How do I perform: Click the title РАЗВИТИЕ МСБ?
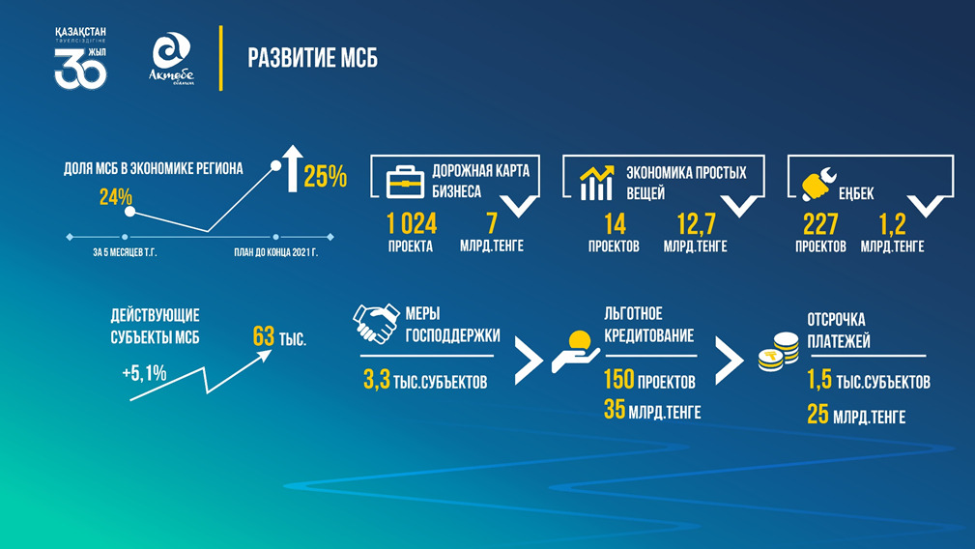tap(313, 58)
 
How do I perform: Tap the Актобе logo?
tap(171, 58)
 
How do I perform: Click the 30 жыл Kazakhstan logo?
tap(81, 58)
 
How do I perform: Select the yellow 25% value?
tap(326, 177)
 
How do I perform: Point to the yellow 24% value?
tap(116, 197)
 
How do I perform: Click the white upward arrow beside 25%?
tap(292, 168)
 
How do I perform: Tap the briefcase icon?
tap(405, 182)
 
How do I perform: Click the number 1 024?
tap(412, 224)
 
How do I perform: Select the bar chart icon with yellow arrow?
tap(596, 183)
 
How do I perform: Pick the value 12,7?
tap(696, 224)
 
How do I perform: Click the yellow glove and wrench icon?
tap(818, 184)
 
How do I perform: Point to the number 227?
tap(820, 224)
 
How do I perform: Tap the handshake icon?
tap(376, 323)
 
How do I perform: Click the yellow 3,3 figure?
tap(377, 379)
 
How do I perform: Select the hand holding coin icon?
tap(575, 352)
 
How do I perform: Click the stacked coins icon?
tap(779, 352)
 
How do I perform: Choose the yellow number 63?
tap(264, 336)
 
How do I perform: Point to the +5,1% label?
tap(144, 373)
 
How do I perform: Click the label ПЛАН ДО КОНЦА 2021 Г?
tap(275, 253)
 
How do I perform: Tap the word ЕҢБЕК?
tap(856, 194)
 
